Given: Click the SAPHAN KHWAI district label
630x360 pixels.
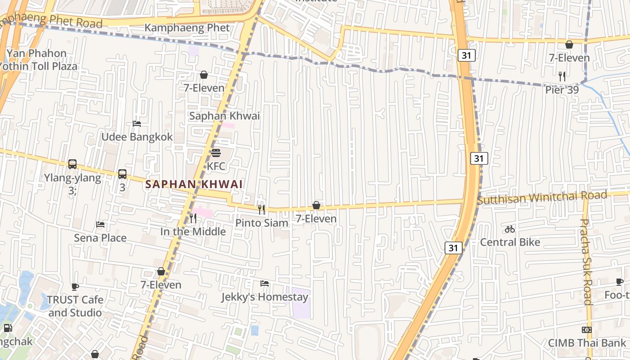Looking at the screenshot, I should click(194, 184).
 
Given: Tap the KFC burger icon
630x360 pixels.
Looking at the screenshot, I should click(216, 153).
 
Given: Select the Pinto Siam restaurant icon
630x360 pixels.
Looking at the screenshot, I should click(261, 209).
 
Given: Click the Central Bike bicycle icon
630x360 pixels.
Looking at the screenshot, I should click(509, 229).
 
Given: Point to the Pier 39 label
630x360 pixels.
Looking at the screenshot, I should click(562, 90).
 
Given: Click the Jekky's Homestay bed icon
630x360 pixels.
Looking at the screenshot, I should click(265, 283).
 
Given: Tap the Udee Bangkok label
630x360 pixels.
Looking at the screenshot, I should click(137, 137).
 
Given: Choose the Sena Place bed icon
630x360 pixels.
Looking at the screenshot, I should click(100, 224).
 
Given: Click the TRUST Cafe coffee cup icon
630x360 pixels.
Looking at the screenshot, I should click(75, 286).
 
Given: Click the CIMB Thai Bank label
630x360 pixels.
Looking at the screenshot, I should click(587, 343).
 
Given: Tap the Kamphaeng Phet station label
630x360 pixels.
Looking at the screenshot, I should click(187, 28).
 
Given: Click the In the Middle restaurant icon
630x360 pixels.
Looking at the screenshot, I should click(193, 218).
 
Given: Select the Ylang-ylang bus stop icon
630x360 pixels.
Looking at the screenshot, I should click(72, 164).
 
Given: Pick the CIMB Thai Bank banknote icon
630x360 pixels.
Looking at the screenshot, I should click(586, 330).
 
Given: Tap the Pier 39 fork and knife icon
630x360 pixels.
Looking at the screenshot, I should click(562, 76).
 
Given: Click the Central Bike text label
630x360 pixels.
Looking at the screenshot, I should click(510, 242).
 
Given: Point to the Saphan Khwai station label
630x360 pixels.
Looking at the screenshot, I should click(224, 116).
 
